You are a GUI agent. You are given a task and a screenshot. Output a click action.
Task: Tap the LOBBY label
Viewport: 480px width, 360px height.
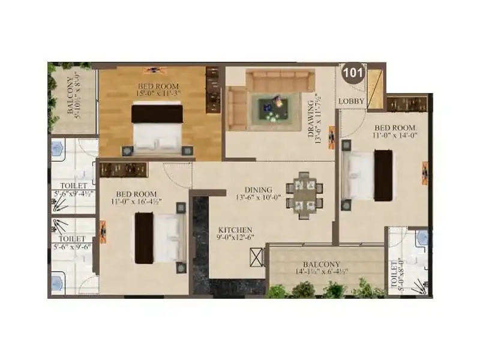coord(351,101)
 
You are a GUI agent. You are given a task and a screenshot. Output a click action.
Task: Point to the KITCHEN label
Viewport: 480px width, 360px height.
coord(235,230)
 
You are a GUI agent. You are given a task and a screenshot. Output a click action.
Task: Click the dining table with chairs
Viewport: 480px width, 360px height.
coord(304,195)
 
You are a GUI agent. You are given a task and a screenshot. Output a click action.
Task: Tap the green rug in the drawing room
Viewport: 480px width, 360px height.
coord(274,110)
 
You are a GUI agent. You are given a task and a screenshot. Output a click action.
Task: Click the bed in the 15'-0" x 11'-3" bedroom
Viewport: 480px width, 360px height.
coord(157,128)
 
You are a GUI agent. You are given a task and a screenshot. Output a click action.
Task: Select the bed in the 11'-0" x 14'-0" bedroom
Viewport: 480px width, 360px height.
coord(368,175)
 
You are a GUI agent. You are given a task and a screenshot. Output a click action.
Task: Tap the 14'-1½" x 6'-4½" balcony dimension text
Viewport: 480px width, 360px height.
coord(321,272)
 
